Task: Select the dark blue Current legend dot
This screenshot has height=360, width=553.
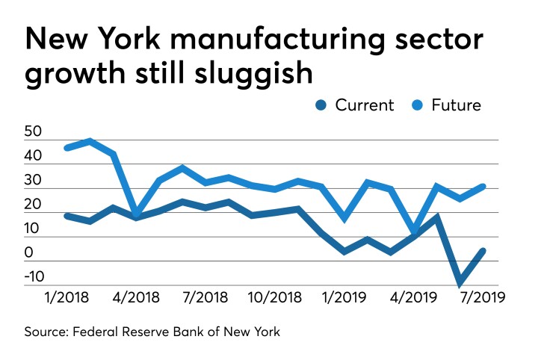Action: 322,105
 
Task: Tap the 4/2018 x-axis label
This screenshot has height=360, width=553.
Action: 135,297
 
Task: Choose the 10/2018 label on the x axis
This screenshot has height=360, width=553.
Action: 275,297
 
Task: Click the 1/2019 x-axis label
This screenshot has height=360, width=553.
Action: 344,297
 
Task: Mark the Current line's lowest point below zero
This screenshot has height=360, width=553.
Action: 460,284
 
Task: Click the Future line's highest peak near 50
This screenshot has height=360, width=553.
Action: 90,140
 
